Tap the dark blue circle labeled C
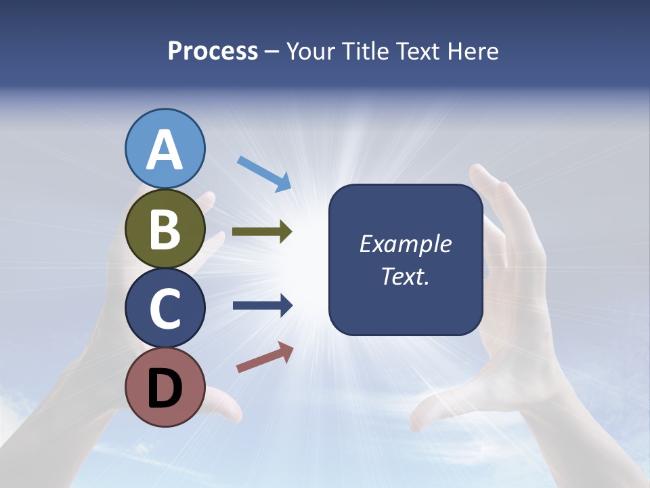coord(165,308)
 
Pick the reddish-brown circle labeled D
coord(165,387)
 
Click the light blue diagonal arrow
coord(264,174)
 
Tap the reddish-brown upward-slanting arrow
coord(265,357)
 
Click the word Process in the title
coord(213,52)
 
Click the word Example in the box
coord(406,244)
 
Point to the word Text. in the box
coord(406,276)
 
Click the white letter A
coord(165,150)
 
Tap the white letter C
coord(165,309)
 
